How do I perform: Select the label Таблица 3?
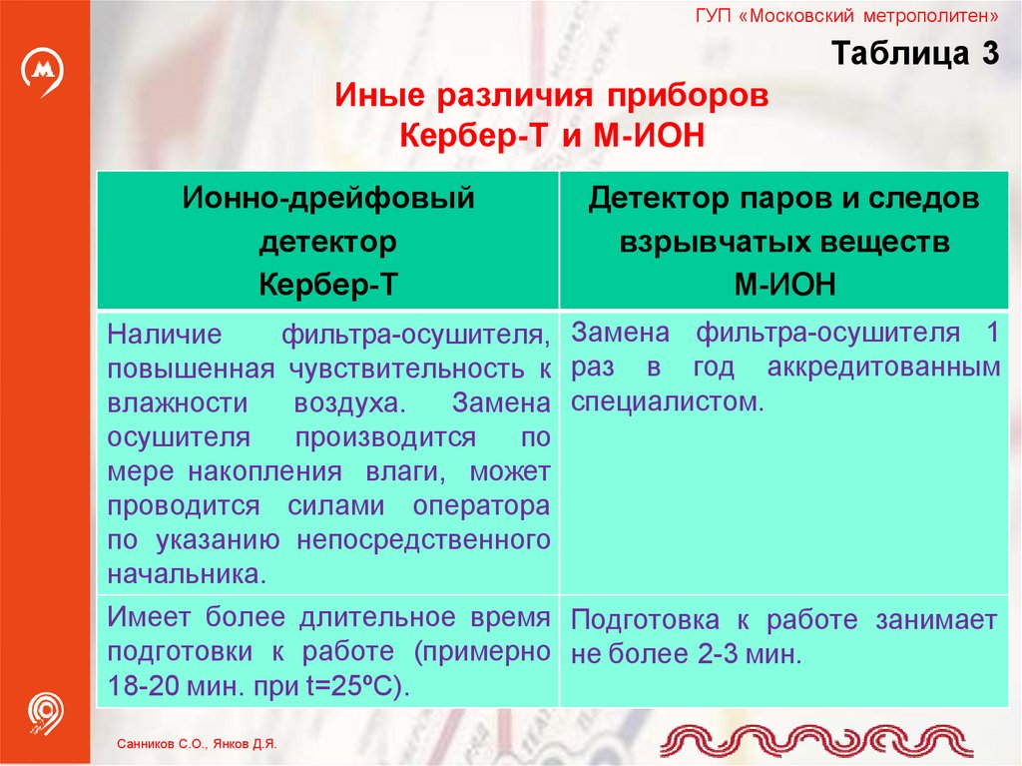915,55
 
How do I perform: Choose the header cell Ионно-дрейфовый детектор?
327,241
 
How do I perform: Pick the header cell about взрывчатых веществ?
783,241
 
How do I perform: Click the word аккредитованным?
883,368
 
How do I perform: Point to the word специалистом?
667,402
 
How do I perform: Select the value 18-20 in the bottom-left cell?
143,689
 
